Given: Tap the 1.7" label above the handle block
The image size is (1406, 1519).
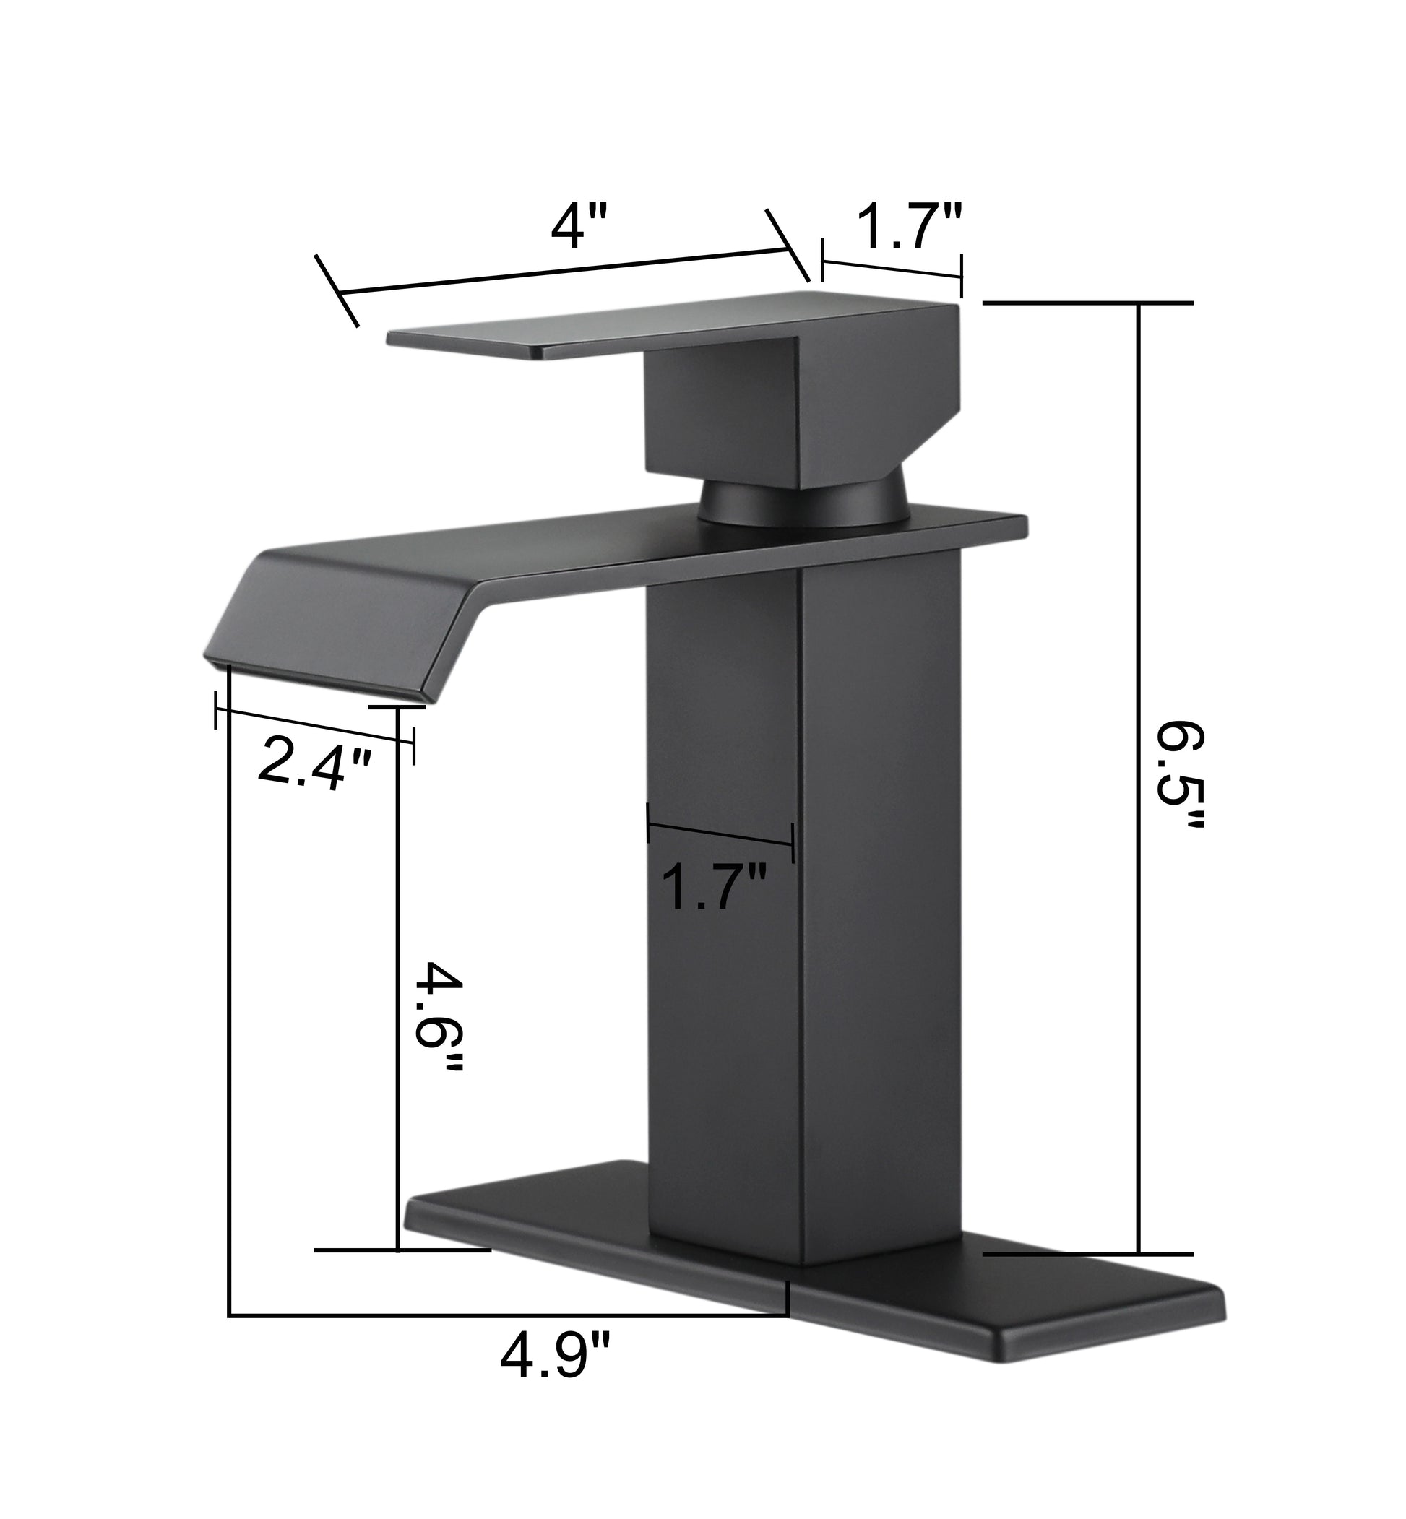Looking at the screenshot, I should coord(910,227).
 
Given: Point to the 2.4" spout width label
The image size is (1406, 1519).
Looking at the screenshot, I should coord(314,768).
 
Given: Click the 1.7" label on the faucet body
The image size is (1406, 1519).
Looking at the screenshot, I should coord(713,887).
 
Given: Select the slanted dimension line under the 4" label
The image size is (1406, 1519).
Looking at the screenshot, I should coord(563,272).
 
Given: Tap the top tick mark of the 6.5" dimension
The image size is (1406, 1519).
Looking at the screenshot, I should coord(1088,303).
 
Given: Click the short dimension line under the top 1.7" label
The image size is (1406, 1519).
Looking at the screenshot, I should coord(892,269).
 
